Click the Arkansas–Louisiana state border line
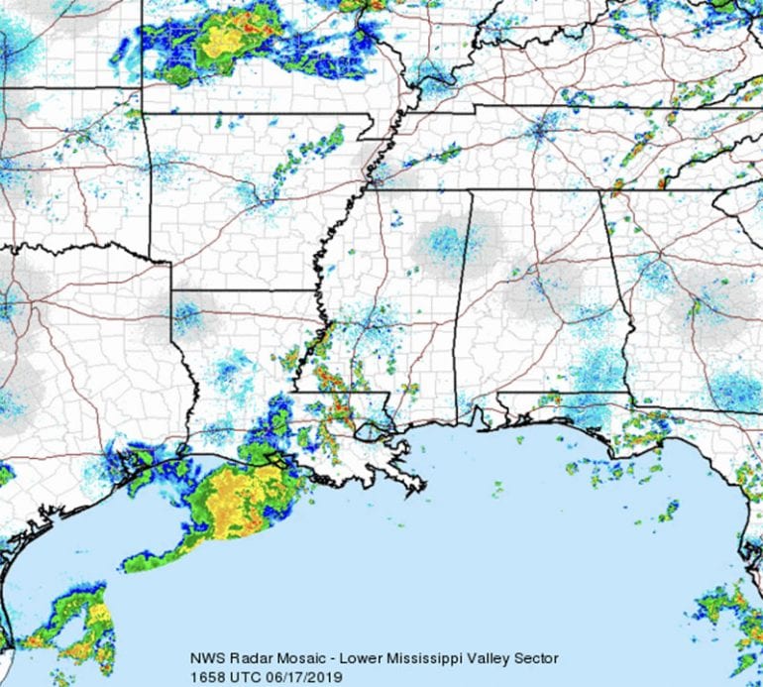tap(248, 290)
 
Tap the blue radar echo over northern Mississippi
tap(445, 243)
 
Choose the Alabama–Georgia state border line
tap(616, 287)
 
